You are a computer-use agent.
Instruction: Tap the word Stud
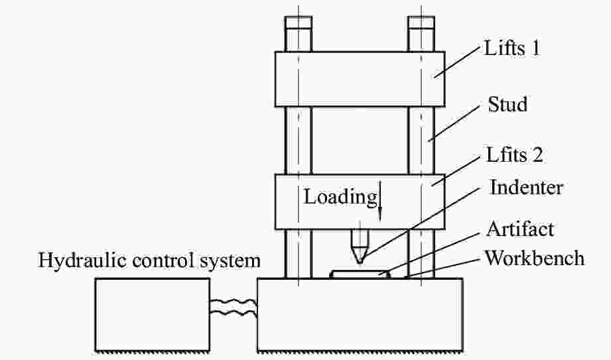pos(508,104)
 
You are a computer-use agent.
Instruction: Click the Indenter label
pos(526,188)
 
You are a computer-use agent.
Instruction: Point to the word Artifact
pos(520,230)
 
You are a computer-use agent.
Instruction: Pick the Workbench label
pos(535,258)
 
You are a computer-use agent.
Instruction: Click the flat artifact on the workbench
pos(359,273)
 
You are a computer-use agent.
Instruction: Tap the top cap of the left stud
pos(298,30)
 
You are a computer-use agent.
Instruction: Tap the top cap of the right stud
pos(421,30)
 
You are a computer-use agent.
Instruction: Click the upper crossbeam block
pos(359,79)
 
